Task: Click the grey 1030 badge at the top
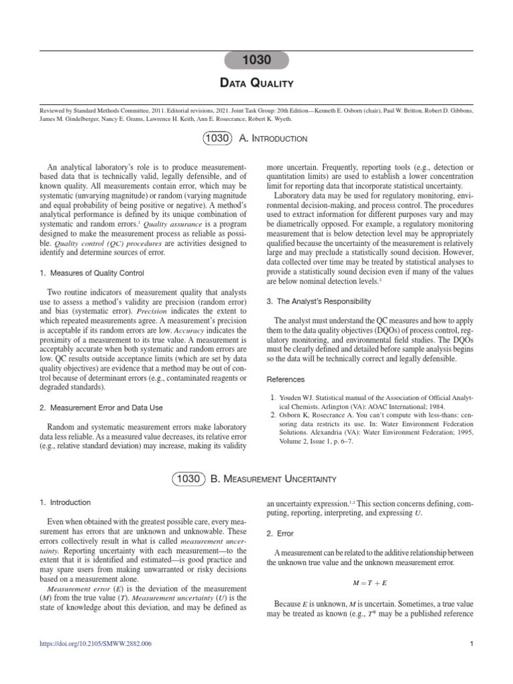[256, 60]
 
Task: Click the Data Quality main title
[256, 83]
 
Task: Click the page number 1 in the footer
[471, 663]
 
